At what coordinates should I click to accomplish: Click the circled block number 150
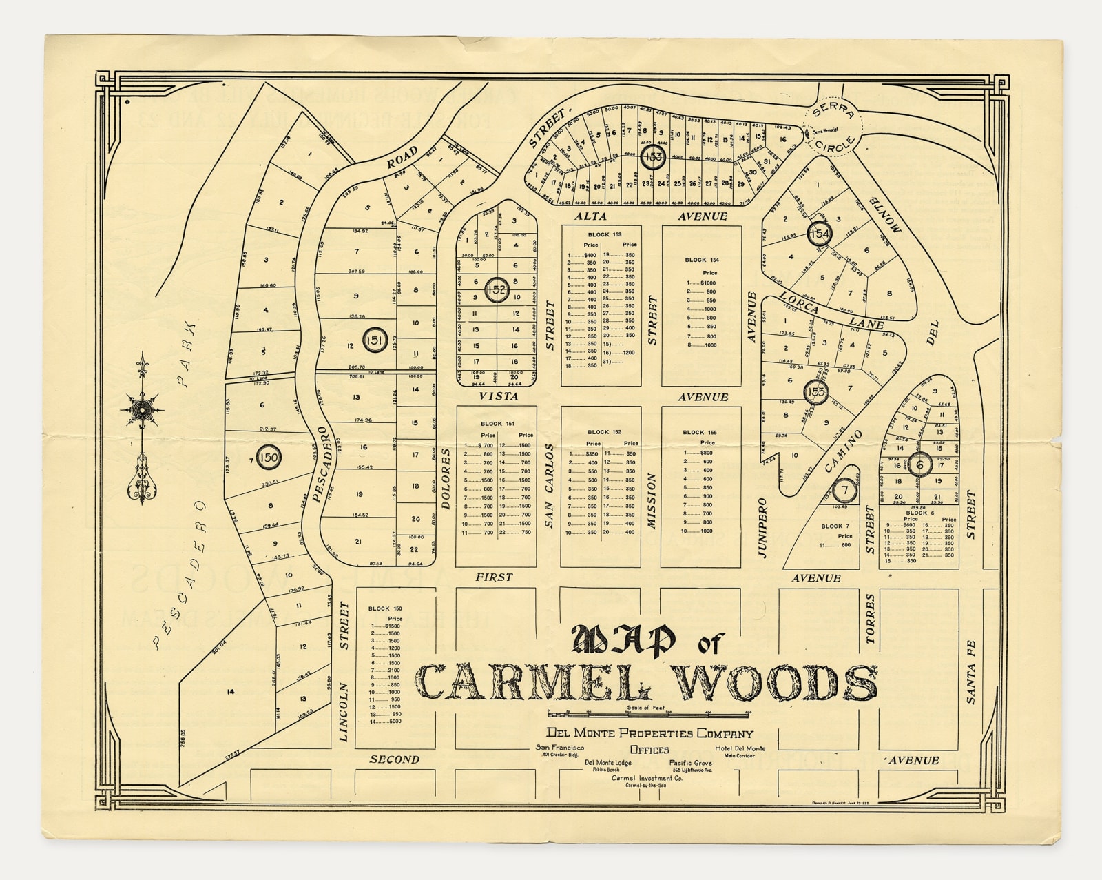[269, 457]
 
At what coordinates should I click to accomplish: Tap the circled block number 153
[653, 157]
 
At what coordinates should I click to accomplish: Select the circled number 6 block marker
[920, 464]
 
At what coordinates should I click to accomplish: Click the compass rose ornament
[142, 411]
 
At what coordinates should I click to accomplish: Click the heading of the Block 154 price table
[701, 260]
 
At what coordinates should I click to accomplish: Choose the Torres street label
[870, 620]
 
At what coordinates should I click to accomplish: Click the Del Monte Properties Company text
[649, 733]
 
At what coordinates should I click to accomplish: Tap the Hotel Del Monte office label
[740, 748]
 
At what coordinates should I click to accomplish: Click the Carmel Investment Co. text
[647, 778]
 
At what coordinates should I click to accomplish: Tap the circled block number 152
[497, 290]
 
